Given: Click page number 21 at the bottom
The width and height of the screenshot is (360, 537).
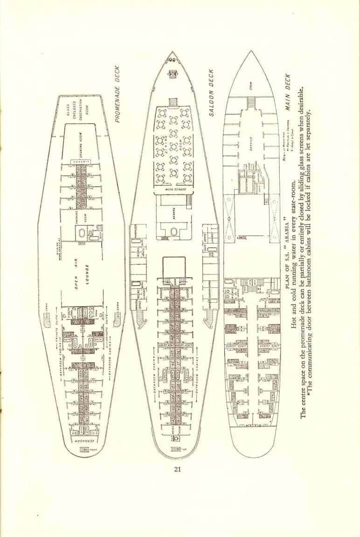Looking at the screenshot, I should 177,469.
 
